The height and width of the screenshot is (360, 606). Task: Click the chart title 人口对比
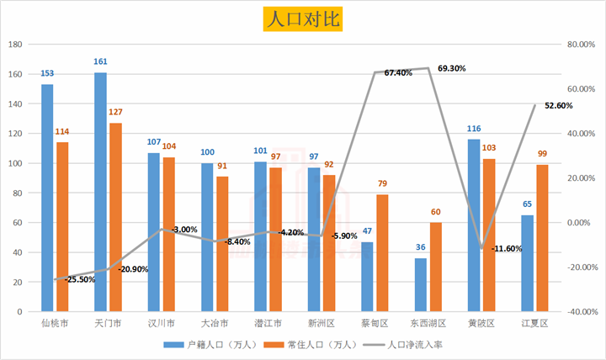(x=302, y=19)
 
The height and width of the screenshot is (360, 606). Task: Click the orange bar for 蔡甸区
(x=382, y=252)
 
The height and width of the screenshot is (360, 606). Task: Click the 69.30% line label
(x=452, y=68)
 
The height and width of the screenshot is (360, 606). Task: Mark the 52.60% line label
(x=559, y=106)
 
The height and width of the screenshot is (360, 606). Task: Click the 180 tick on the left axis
(x=14, y=45)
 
